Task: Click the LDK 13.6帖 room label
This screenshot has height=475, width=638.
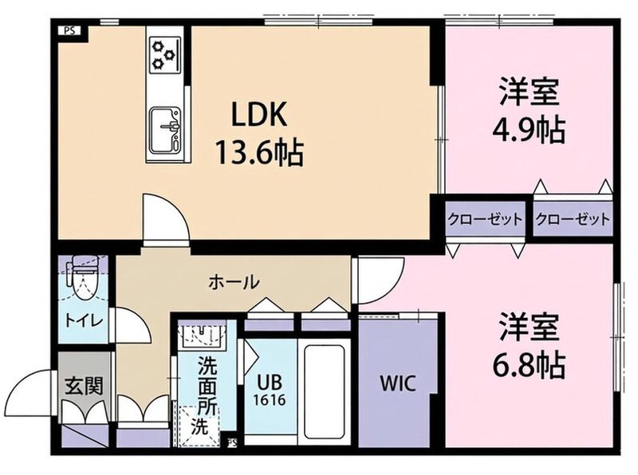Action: (x=258, y=133)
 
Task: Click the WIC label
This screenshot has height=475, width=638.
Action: (x=397, y=383)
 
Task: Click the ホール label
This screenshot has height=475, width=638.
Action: (x=234, y=281)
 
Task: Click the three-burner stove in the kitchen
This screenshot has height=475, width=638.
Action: (x=165, y=55)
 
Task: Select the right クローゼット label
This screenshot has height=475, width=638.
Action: (x=572, y=218)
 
